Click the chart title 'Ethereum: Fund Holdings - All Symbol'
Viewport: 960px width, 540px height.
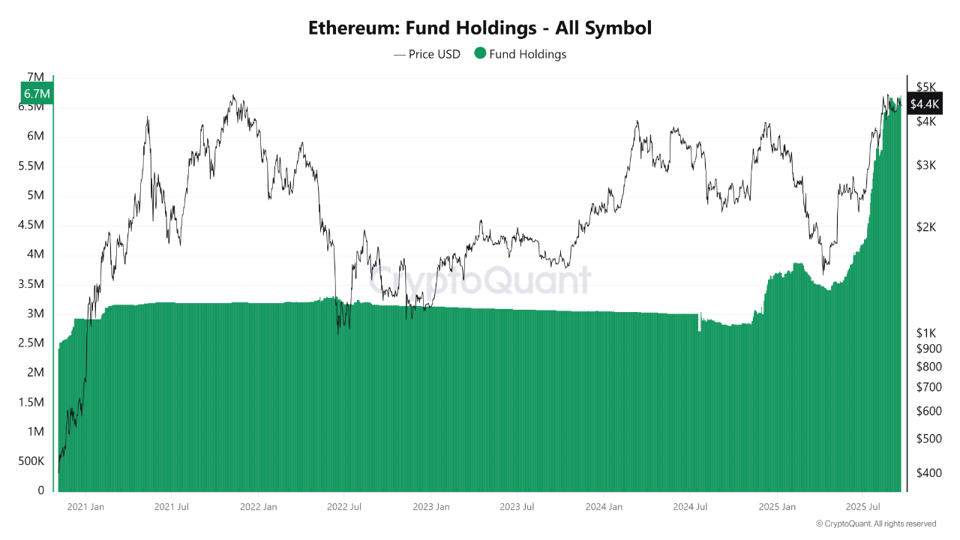click(x=480, y=28)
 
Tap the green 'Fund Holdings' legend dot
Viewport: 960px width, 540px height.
click(x=480, y=53)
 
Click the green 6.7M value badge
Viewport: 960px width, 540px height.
click(x=37, y=94)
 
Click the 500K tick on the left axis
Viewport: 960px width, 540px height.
click(x=31, y=461)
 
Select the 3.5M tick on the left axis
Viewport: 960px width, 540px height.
click(x=31, y=284)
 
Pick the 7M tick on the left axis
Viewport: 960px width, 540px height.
click(x=35, y=77)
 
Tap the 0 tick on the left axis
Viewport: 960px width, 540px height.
click(x=41, y=490)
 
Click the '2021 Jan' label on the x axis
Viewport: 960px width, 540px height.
click(x=85, y=507)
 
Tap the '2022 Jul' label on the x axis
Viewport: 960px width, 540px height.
click(x=344, y=507)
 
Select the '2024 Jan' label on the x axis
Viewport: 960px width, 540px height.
click(x=604, y=507)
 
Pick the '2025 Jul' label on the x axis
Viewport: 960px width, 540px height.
click(x=862, y=507)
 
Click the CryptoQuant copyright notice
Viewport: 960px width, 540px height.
click(x=876, y=523)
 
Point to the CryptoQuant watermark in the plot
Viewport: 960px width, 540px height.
click(x=480, y=280)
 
